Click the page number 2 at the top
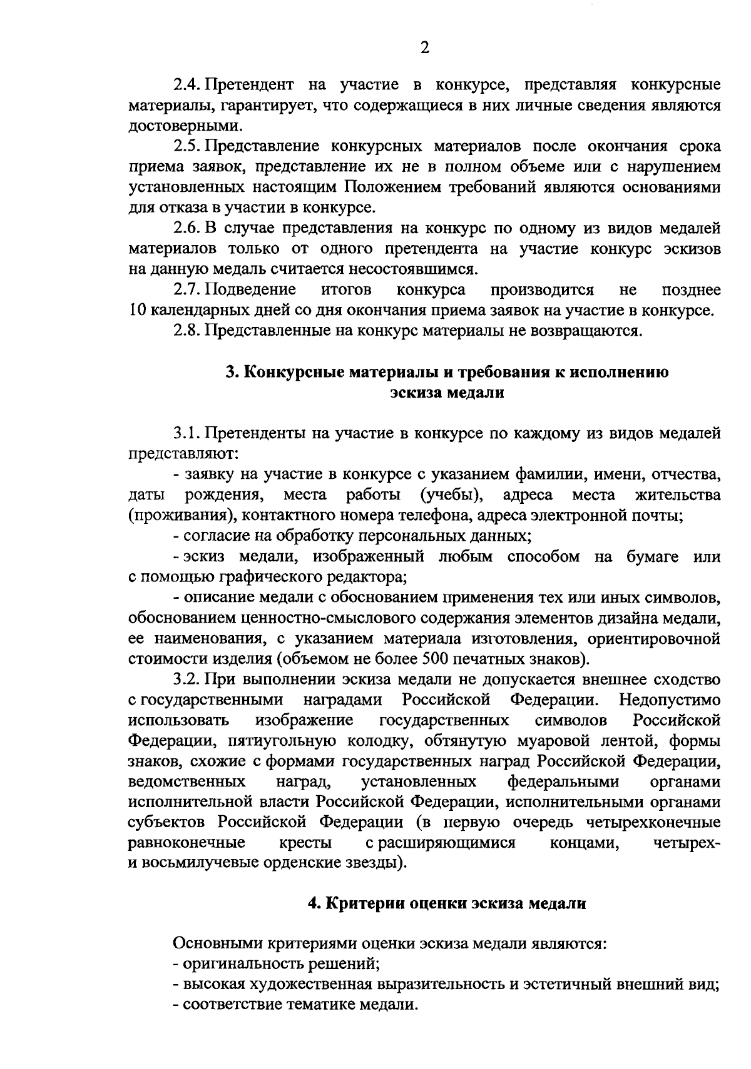425,48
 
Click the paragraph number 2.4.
186,84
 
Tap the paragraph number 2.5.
186,146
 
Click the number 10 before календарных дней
137,311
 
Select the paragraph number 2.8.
186,331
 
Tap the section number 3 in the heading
230,373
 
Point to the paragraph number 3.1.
186,433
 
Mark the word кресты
307,843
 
